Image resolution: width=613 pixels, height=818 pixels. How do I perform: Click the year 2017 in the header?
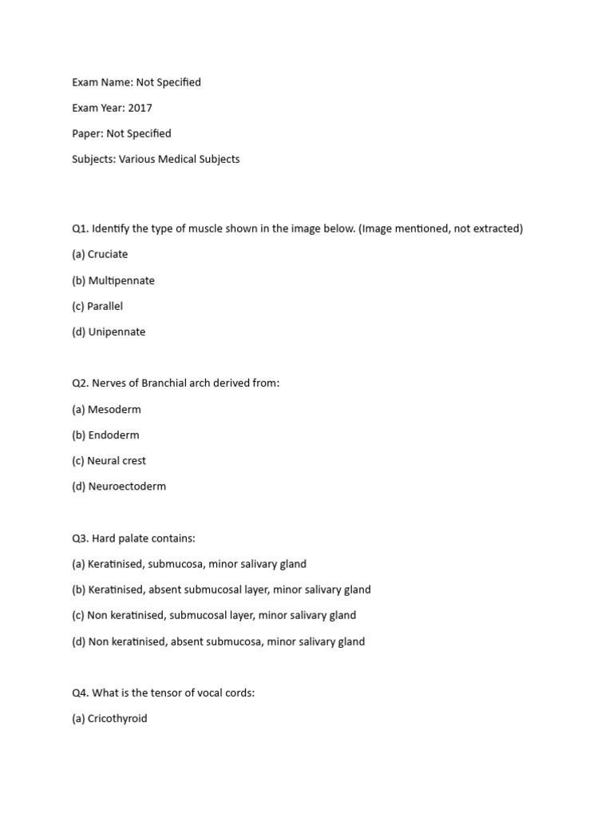(x=140, y=108)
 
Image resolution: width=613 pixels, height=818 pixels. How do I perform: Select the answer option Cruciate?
(x=107, y=254)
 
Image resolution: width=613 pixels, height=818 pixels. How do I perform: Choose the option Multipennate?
(x=121, y=280)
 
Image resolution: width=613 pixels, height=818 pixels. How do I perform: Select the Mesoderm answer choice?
(x=113, y=409)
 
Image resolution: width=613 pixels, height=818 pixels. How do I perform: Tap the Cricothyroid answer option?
(x=117, y=718)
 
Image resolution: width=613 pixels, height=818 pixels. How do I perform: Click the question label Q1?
(x=80, y=228)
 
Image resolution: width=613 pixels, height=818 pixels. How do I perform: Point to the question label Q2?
(x=80, y=383)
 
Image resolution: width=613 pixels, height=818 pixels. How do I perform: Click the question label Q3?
(x=80, y=538)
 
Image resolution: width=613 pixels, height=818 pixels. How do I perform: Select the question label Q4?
(x=80, y=693)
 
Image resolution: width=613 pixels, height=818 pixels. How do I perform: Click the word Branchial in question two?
(x=167, y=383)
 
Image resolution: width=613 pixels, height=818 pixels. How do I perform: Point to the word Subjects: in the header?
(x=93, y=159)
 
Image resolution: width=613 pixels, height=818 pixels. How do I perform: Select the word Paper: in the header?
(x=87, y=133)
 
